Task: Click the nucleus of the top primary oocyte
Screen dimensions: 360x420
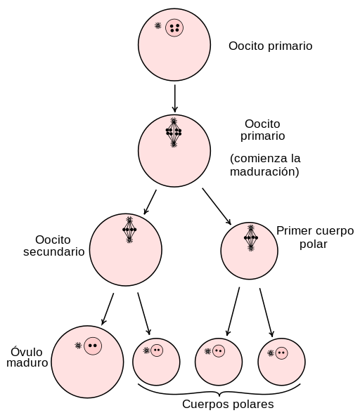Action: (174, 28)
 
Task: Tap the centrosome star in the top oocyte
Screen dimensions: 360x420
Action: (158, 26)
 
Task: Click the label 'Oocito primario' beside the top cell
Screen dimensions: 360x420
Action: (270, 46)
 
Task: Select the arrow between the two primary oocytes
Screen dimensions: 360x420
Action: (175, 98)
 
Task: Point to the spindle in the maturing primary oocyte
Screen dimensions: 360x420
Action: (174, 132)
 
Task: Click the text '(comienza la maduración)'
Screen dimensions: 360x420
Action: (265, 165)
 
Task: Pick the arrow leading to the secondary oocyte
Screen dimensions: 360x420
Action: (150, 202)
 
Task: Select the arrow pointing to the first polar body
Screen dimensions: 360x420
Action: (217, 206)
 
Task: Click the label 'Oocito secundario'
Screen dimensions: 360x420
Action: (53, 246)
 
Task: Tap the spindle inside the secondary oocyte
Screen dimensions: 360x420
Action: (129, 230)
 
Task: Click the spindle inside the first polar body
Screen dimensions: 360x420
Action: (251, 238)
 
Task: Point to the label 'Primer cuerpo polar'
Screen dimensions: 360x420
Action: (315, 237)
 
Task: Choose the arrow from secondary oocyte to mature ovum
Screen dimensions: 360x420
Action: (108, 309)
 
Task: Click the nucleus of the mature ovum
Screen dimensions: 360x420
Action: (93, 346)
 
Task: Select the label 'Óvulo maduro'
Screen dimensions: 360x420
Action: (27, 357)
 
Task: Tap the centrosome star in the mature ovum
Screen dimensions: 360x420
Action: (78, 346)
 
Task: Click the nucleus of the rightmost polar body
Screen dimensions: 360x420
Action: (281, 353)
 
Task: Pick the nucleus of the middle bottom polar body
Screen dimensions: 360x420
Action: (219, 351)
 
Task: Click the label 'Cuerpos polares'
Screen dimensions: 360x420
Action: (228, 404)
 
